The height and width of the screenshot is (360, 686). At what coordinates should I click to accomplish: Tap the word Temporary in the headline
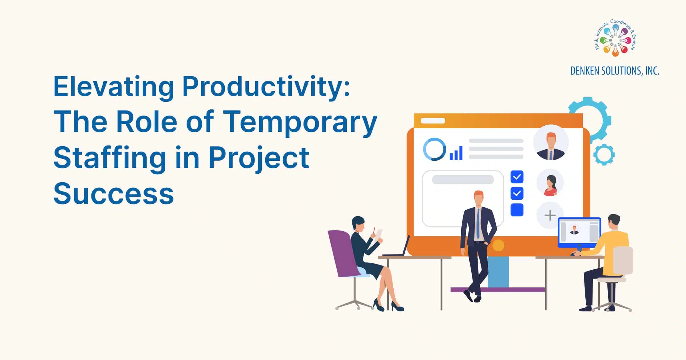[300, 122]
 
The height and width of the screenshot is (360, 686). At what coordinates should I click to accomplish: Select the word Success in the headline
[113, 194]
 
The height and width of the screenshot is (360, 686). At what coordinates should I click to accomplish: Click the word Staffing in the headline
[110, 158]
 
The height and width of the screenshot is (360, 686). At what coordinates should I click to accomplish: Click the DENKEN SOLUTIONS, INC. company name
[615, 71]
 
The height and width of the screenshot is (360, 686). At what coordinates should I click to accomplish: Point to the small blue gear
[604, 155]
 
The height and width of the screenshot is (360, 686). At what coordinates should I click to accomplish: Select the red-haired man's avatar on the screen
[551, 142]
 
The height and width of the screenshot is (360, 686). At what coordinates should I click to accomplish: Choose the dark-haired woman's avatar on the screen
[550, 183]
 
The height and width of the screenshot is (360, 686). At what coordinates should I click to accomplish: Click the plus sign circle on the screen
[550, 215]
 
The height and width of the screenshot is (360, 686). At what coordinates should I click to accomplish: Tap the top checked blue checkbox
[517, 177]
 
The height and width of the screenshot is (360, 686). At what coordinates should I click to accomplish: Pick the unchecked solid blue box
[517, 210]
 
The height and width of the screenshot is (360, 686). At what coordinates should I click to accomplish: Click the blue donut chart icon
[434, 149]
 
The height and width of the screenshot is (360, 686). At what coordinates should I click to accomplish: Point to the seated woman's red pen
[374, 230]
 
